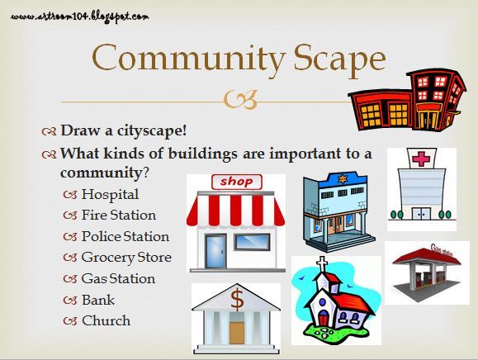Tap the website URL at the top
[x=80, y=15]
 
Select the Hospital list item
[x=110, y=195]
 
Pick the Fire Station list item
[x=118, y=216]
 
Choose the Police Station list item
[x=125, y=236]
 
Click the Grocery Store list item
[x=126, y=257]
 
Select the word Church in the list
[x=106, y=320]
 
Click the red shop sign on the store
[x=236, y=182]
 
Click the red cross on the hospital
[x=422, y=159]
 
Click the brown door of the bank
[x=238, y=333]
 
